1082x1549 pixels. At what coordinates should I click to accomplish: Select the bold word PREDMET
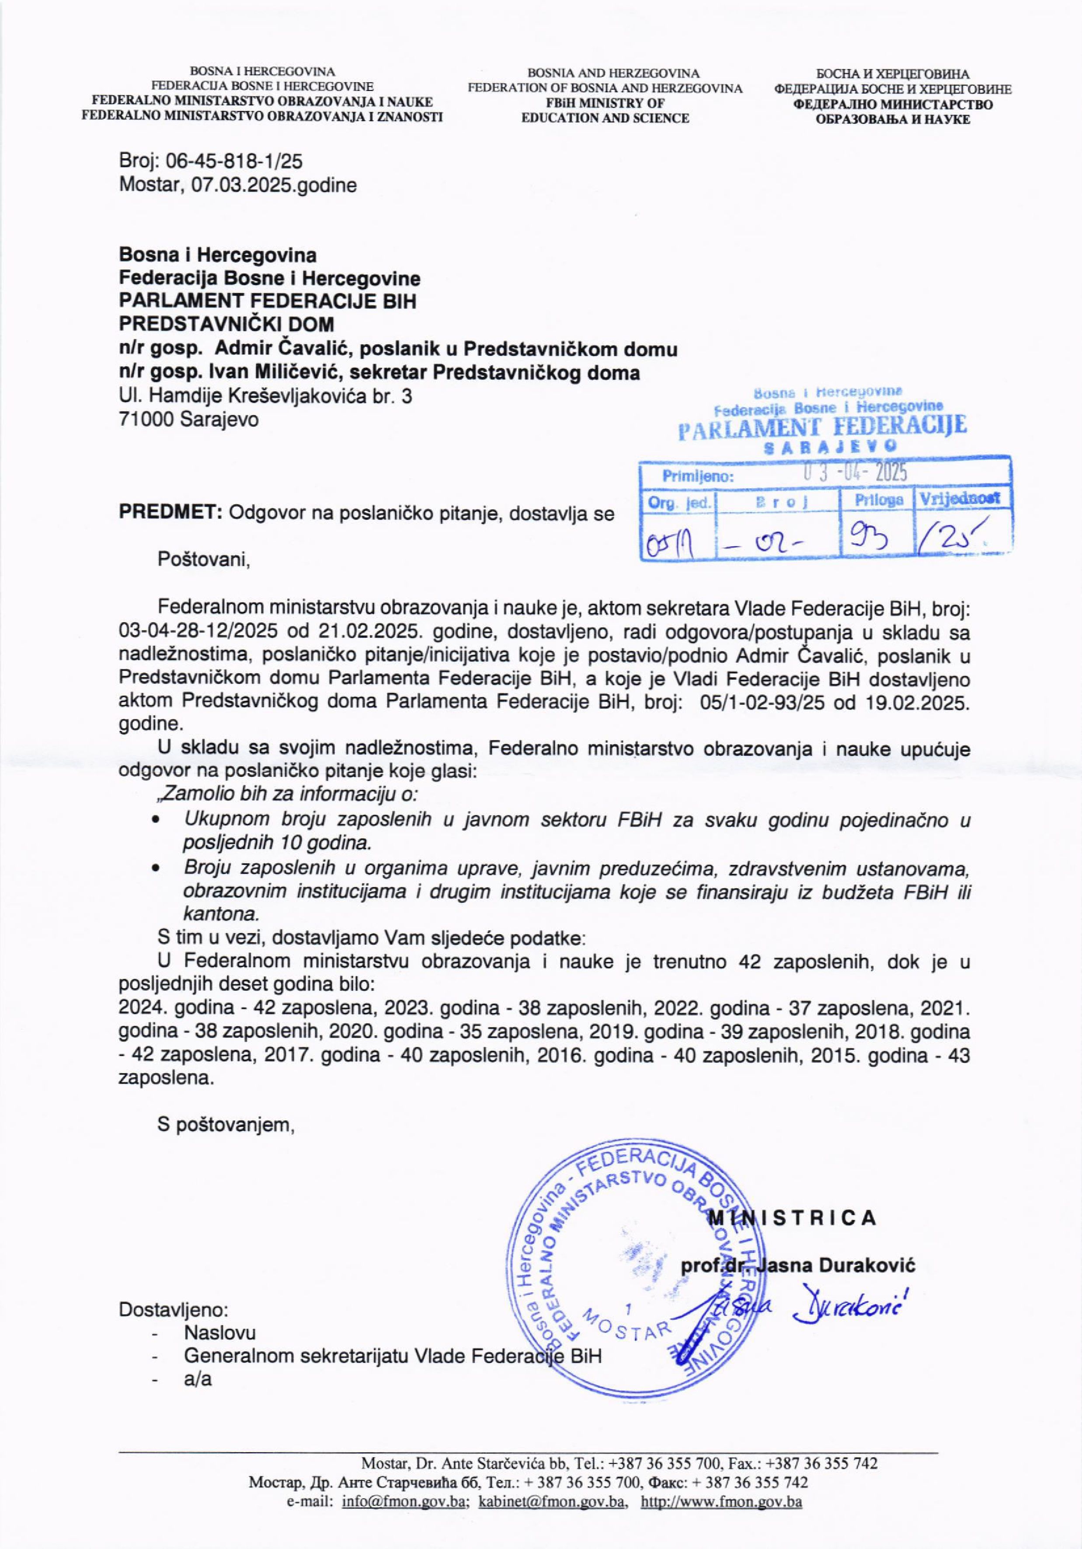(170, 514)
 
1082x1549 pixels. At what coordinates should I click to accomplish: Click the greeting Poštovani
(203, 559)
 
